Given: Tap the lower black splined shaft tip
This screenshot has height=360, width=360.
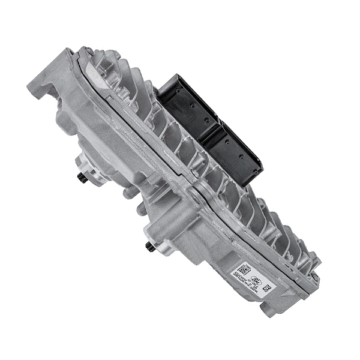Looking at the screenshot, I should coord(149,247).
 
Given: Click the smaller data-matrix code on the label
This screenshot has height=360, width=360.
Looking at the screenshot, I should coord(266,289).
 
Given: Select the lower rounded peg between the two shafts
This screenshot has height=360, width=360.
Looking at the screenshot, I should coord(140,210).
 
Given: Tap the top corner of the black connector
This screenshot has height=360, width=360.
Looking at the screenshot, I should coord(174,74).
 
